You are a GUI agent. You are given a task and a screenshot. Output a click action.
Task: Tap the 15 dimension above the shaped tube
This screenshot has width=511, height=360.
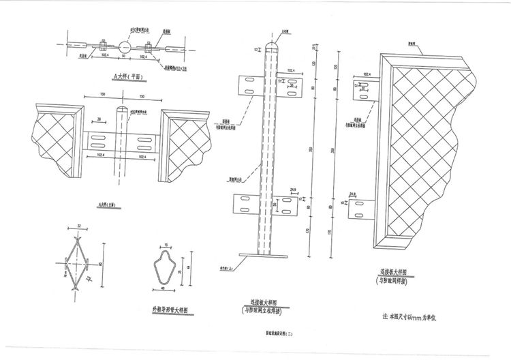tap(166, 244)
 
